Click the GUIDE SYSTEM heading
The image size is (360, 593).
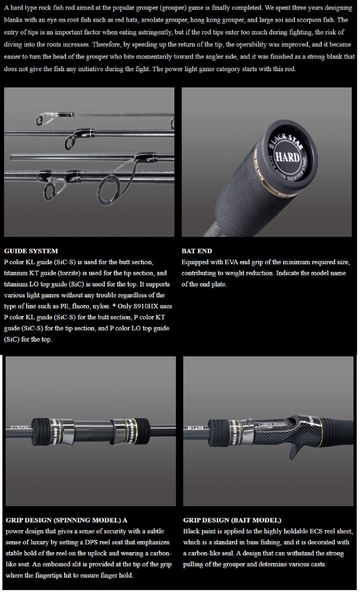[x=31, y=251]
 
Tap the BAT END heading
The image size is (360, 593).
[x=197, y=251]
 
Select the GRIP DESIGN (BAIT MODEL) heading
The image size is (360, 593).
[x=232, y=520]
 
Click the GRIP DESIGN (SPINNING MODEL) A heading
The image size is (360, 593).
[x=66, y=520]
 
